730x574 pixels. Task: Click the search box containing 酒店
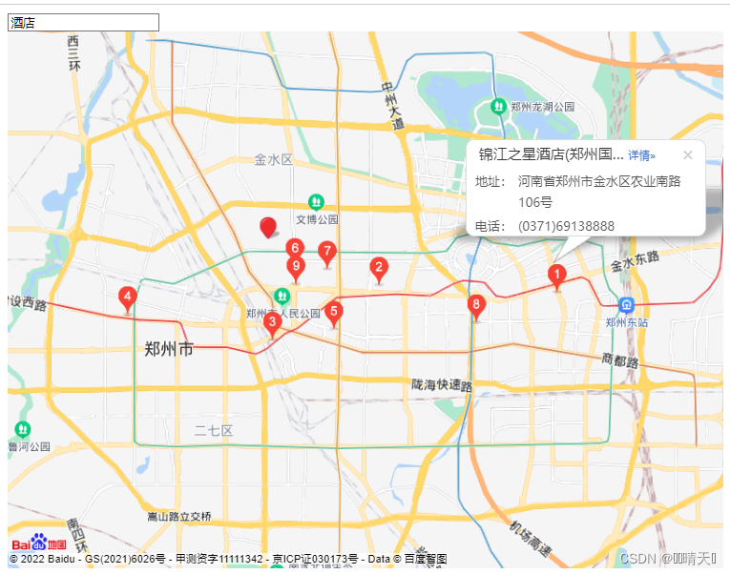83,22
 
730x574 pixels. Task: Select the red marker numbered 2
379,268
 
